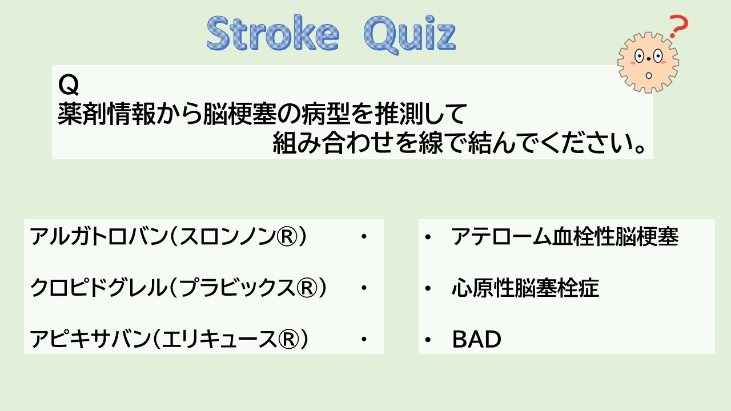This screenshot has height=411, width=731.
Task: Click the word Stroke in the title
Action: [273, 33]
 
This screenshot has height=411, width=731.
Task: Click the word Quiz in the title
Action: [409, 35]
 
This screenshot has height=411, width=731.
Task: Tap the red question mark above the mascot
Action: [679, 26]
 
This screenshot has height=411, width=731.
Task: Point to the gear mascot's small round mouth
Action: [649, 76]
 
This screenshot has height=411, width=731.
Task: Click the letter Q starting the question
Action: [68, 85]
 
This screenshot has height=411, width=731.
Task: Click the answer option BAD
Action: [476, 339]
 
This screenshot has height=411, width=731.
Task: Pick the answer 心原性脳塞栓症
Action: [525, 288]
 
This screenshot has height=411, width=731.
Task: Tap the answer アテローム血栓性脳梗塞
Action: [565, 236]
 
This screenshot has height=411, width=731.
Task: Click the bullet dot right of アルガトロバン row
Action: [364, 236]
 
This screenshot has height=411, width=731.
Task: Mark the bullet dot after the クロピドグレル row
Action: [364, 288]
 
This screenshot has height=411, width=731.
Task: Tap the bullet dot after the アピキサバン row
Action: [364, 339]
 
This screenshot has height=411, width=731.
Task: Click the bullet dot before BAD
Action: [428, 340]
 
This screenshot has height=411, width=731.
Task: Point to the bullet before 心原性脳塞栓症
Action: [428, 288]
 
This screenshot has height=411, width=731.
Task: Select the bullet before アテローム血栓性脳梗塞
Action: [428, 237]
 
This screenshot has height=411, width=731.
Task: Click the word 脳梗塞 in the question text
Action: [239, 114]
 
